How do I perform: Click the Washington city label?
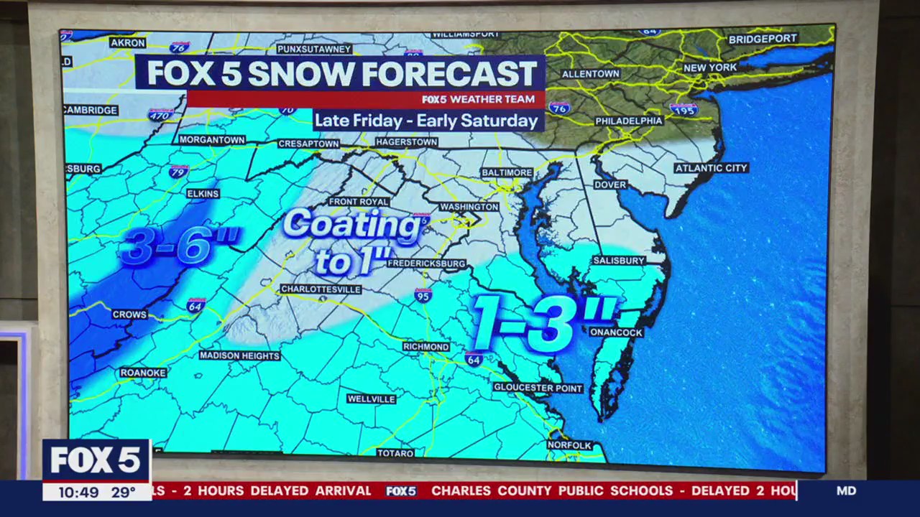tap(469, 207)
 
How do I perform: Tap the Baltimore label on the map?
tap(507, 173)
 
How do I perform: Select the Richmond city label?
tap(425, 347)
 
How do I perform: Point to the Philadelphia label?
tap(629, 121)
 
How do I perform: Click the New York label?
tap(710, 67)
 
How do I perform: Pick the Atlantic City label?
tap(711, 168)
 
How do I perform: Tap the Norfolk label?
tap(569, 445)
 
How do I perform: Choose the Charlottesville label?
tap(321, 289)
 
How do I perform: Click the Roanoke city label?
tap(143, 373)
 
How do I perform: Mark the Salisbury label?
tap(619, 261)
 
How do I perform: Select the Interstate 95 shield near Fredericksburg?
tap(423, 294)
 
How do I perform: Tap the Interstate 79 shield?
tap(178, 172)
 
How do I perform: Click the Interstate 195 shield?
tap(683, 109)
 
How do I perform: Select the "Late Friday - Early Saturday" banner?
tap(427, 120)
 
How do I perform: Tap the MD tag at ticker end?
tap(846, 491)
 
